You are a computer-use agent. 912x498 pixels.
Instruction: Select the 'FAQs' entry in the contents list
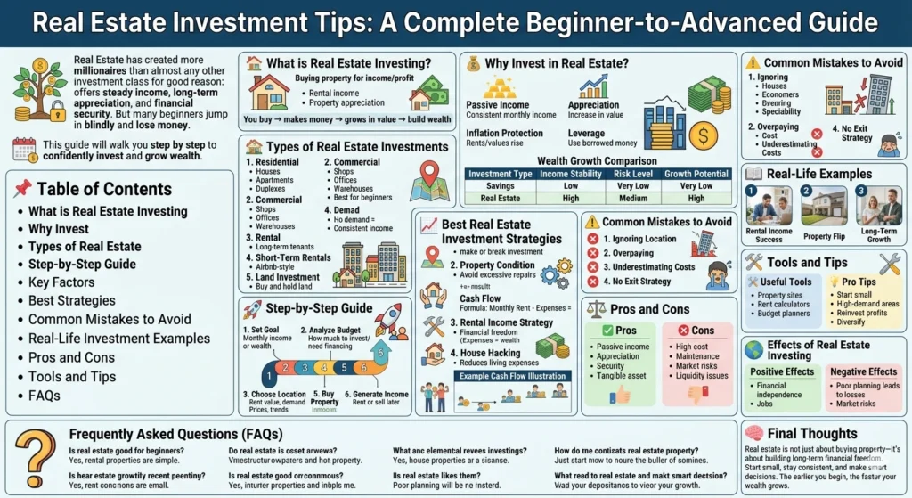point(45,395)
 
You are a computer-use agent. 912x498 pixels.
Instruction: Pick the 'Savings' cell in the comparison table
point(501,185)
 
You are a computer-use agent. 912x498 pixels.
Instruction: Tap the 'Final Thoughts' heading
point(812,434)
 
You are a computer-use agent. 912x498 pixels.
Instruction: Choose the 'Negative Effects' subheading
point(864,371)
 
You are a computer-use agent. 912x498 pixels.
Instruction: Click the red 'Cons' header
point(702,331)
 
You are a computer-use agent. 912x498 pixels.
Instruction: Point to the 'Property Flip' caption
point(824,238)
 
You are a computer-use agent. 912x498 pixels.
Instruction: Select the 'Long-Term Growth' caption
point(878,234)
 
